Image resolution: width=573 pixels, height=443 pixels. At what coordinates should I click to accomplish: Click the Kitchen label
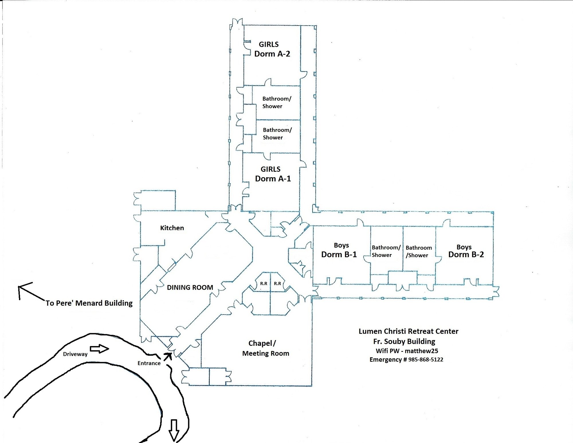tap(172, 228)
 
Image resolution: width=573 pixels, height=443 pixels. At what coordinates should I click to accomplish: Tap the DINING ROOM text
tap(190, 288)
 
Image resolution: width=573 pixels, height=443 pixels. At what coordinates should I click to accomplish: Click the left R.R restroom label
tap(264, 284)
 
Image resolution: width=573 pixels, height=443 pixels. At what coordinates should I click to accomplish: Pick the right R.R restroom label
tap(277, 284)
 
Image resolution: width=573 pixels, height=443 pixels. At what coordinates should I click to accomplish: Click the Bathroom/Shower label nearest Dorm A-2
tap(276, 102)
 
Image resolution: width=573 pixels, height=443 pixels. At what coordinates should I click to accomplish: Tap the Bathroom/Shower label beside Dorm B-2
tap(418, 251)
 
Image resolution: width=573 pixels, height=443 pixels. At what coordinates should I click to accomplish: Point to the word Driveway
tap(75, 354)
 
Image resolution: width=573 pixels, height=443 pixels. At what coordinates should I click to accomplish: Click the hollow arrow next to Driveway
tap(99, 349)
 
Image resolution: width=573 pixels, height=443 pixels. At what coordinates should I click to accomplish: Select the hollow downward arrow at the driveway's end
tap(174, 430)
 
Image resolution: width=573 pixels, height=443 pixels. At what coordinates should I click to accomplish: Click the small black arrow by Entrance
tap(168, 356)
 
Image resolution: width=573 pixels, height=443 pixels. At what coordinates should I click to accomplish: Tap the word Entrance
tap(149, 363)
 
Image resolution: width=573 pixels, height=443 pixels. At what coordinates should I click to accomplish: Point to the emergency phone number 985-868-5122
tap(425, 360)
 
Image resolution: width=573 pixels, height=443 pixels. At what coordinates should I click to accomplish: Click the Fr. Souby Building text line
tap(404, 341)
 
